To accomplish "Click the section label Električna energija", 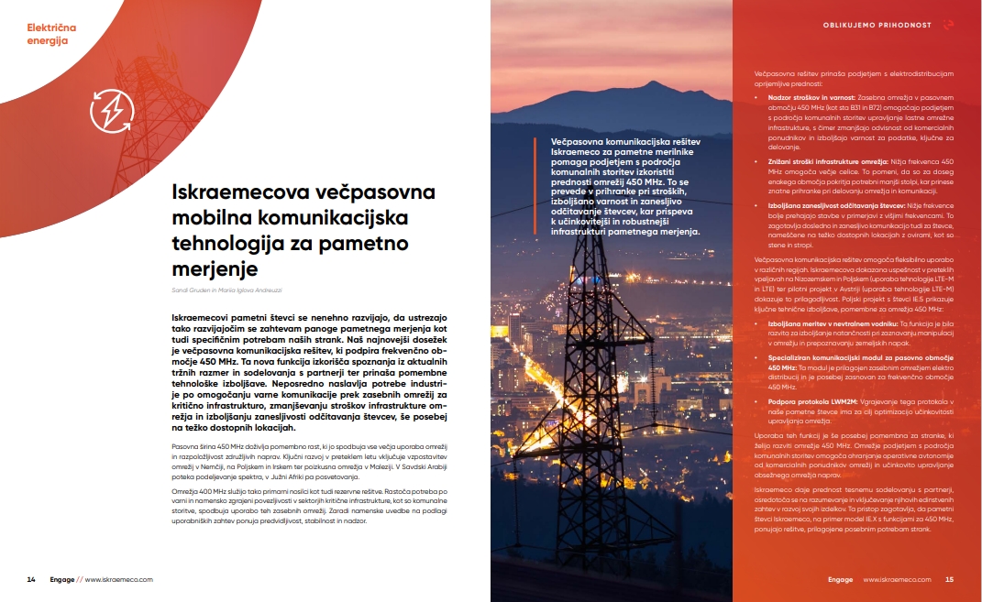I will click(51, 35).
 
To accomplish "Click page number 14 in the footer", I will click(31, 579).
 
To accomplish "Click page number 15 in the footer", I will click(950, 579).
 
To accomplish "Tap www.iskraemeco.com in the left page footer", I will click(119, 579).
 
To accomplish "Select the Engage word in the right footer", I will click(840, 579).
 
